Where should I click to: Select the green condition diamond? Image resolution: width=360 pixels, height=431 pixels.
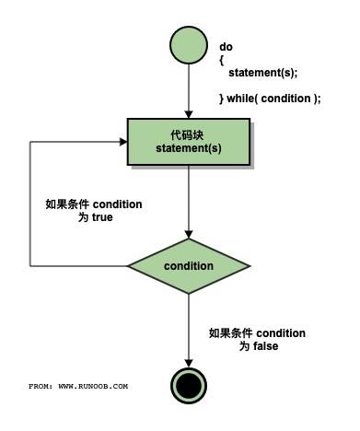pos(188,266)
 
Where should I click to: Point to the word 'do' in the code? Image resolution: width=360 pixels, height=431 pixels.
pos(226,46)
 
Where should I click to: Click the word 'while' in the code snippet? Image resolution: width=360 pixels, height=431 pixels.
pos(244,99)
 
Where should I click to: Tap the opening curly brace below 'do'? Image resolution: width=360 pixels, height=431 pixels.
pos(222,59)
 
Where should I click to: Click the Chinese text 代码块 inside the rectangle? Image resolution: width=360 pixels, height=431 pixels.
pos(188,134)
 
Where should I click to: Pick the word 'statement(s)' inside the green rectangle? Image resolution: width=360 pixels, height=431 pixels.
pos(188,148)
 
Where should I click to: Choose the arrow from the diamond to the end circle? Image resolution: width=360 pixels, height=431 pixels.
pos(188,327)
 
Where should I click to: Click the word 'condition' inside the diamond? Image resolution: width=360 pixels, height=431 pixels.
pos(188,266)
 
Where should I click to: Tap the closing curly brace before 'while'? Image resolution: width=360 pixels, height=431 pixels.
pos(222,99)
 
